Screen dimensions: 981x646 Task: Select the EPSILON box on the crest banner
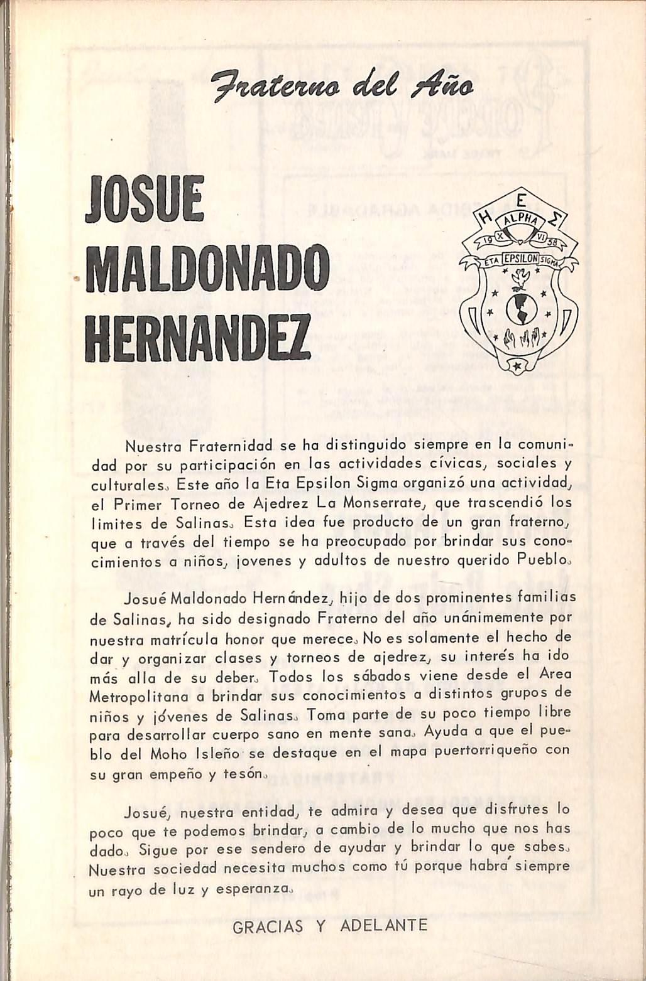click(x=518, y=259)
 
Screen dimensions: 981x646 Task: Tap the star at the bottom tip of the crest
click(x=518, y=365)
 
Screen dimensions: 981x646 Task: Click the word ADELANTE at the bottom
click(x=384, y=926)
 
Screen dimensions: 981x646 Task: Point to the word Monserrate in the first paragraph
click(x=385, y=503)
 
